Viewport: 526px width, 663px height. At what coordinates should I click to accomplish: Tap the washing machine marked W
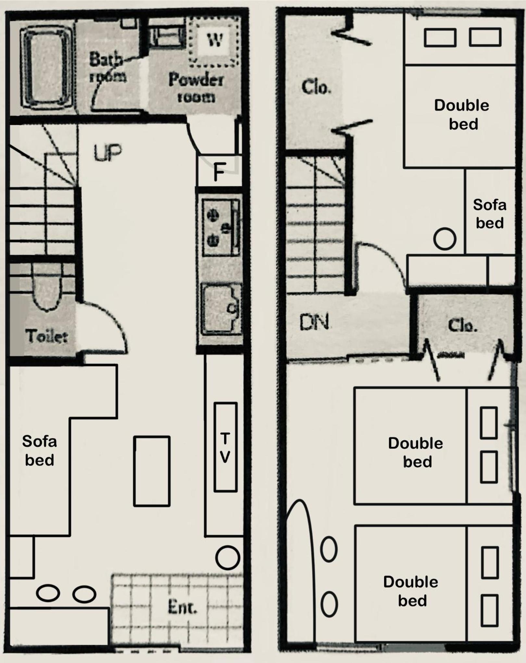click(x=215, y=41)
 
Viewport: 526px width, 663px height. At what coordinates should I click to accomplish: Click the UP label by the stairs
click(x=108, y=153)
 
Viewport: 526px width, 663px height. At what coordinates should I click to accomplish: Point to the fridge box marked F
click(x=219, y=171)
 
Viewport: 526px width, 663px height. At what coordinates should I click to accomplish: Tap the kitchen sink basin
click(x=221, y=309)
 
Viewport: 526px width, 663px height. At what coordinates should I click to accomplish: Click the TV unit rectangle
click(x=225, y=447)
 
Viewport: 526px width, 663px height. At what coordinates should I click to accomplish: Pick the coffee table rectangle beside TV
click(x=152, y=471)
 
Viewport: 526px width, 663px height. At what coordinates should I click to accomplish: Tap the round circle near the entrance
click(x=228, y=558)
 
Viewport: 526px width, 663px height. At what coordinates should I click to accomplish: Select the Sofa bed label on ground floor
click(x=40, y=451)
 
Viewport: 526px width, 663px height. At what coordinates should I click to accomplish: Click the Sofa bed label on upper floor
click(x=490, y=214)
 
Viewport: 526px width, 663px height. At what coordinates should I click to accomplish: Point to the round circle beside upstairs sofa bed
click(x=445, y=239)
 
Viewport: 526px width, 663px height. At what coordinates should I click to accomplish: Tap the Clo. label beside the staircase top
click(x=316, y=87)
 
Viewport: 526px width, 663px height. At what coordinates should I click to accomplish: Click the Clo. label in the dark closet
click(x=462, y=325)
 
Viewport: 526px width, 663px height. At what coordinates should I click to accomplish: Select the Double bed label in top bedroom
click(x=462, y=115)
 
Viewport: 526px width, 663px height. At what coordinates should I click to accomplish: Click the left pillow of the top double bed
click(x=440, y=37)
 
